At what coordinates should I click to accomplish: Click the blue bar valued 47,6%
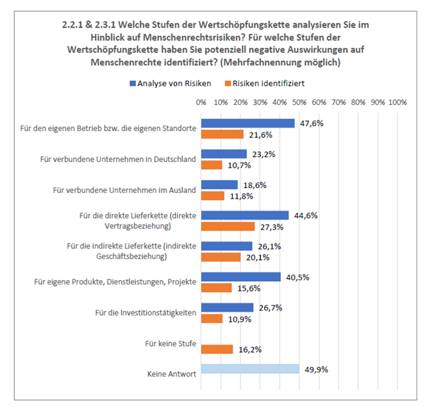[x=248, y=123]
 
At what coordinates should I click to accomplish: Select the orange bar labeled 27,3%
[x=228, y=227]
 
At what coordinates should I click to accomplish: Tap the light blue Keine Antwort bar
[x=250, y=369]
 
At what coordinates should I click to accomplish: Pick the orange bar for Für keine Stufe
[x=217, y=349]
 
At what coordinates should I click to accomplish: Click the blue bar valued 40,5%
[x=241, y=277]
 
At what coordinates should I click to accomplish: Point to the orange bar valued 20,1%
[x=221, y=257]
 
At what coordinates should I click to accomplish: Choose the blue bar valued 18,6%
[x=220, y=185]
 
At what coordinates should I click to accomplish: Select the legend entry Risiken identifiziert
[x=265, y=83]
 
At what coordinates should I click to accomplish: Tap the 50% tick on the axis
[x=299, y=102]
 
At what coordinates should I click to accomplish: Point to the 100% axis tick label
[x=397, y=102]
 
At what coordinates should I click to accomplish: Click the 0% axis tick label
[x=201, y=102]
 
